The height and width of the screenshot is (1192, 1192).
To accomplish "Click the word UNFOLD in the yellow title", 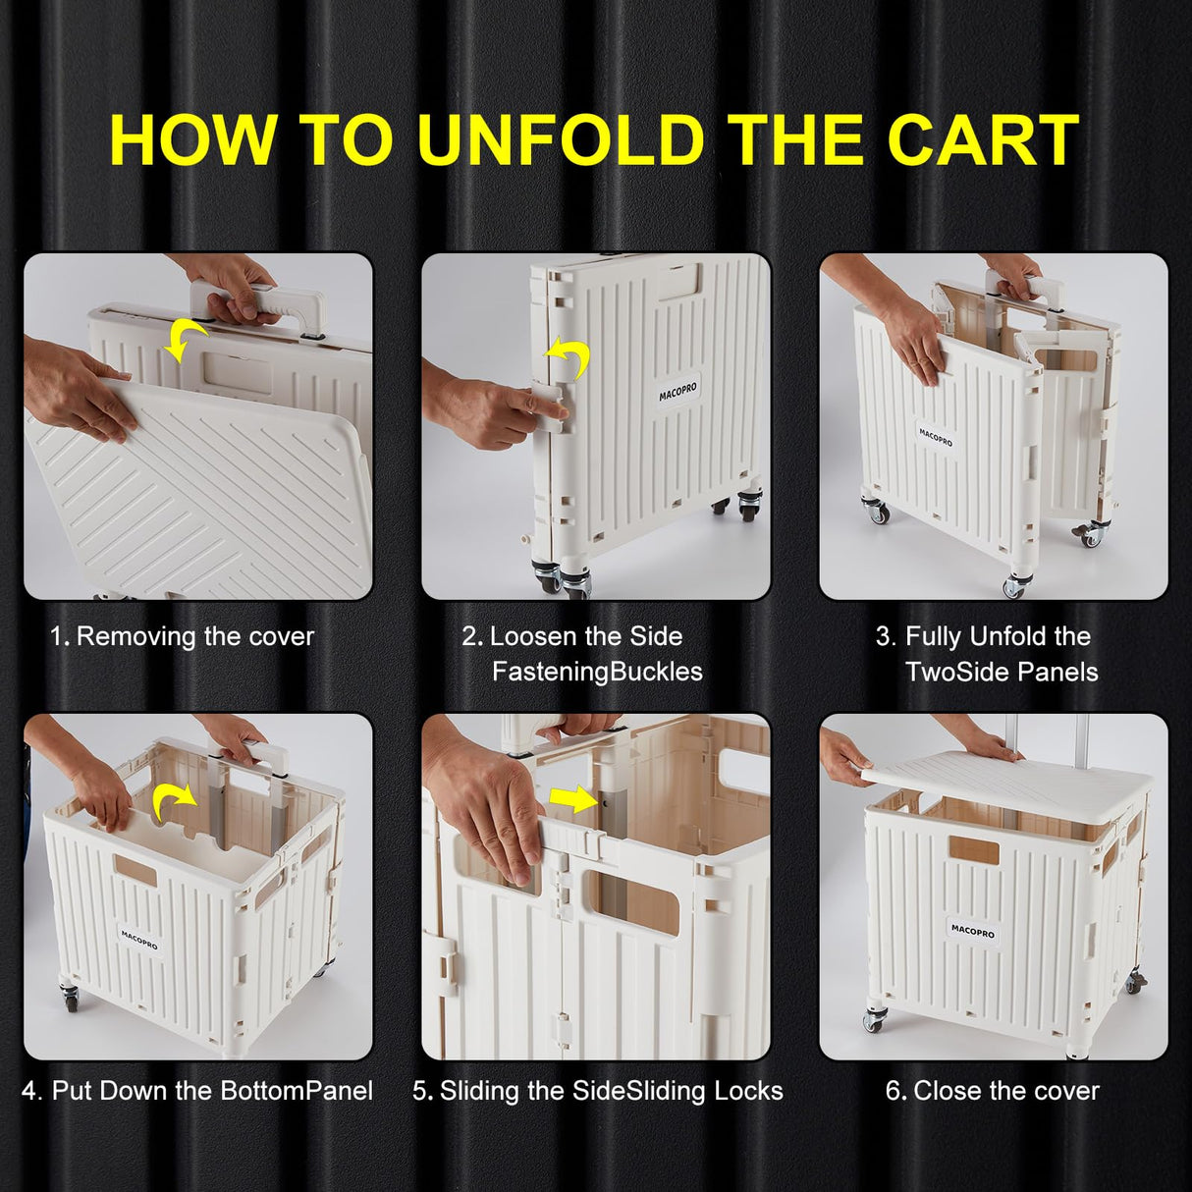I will coord(561,140).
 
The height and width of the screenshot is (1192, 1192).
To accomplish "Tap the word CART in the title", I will coord(983,140).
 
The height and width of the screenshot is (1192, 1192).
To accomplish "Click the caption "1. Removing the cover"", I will coord(183,636).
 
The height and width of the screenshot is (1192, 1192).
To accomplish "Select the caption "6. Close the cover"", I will coord(993,1091).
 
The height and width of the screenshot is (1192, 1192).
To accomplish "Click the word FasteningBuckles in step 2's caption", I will coord(597,672).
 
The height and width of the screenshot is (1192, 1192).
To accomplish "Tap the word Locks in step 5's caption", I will coord(748,1091).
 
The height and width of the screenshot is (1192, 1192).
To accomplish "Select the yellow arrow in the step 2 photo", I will coord(569,359).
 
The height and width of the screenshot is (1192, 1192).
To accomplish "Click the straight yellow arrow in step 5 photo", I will coord(576,801).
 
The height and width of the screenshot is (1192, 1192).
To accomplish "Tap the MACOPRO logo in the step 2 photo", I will coord(678,393).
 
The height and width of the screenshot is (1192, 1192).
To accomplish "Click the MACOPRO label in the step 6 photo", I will coord(972,929).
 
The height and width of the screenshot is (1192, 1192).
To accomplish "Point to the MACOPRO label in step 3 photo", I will coord(936,437).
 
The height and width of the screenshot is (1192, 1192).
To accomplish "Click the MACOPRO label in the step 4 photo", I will coord(139,939).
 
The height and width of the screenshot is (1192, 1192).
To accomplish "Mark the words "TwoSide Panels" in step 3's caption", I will coord(1002,672).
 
